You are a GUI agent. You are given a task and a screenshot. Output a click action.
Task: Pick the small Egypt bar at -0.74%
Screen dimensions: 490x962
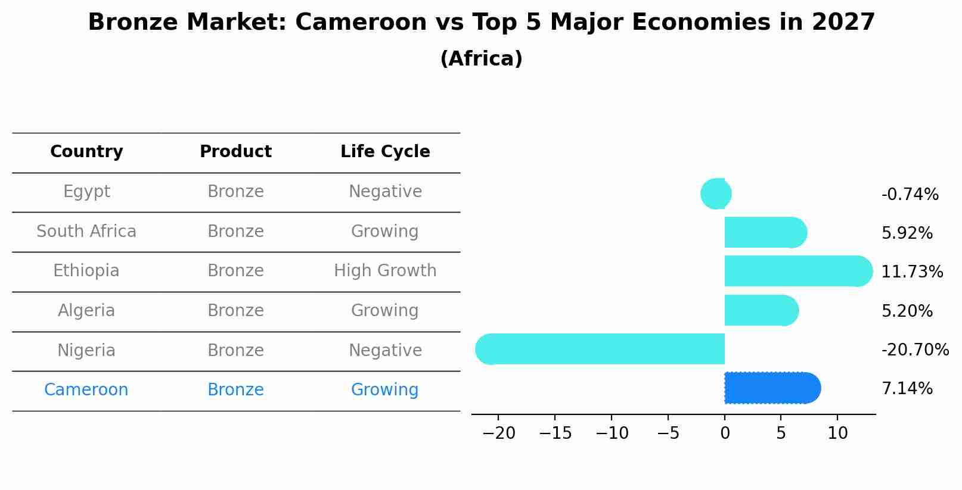tap(716, 193)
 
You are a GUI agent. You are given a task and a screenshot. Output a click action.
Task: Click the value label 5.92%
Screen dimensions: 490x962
tap(907, 233)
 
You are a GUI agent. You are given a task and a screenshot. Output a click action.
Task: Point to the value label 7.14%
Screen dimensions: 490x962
tap(907, 389)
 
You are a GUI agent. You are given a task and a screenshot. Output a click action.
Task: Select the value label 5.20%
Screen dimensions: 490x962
tap(907, 311)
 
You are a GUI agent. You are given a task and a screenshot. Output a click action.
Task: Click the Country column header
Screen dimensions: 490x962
tap(86, 152)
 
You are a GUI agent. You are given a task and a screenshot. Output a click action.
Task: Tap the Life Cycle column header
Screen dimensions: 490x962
tap(385, 152)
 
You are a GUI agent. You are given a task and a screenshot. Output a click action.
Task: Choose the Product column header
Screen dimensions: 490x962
tap(235, 152)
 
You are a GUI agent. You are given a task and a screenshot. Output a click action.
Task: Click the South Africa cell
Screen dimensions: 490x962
tap(86, 231)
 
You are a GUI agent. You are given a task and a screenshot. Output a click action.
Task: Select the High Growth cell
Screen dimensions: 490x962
tap(385, 271)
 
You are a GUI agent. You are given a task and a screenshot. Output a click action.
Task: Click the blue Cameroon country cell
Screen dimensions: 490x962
tap(86, 390)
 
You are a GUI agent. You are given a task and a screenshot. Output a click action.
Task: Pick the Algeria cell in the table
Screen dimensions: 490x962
tap(86, 311)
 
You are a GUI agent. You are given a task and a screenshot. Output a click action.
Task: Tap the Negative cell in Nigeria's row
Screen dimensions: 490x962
tap(385, 350)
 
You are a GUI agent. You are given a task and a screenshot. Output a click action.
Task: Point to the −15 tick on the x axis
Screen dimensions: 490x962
tap(555, 433)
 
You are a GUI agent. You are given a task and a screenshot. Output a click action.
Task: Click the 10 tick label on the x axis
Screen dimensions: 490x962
tap(837, 433)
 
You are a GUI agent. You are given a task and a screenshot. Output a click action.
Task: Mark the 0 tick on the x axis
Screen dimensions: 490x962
tap(725, 433)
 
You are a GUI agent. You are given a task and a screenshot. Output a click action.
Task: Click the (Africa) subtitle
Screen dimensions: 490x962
tap(481, 59)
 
